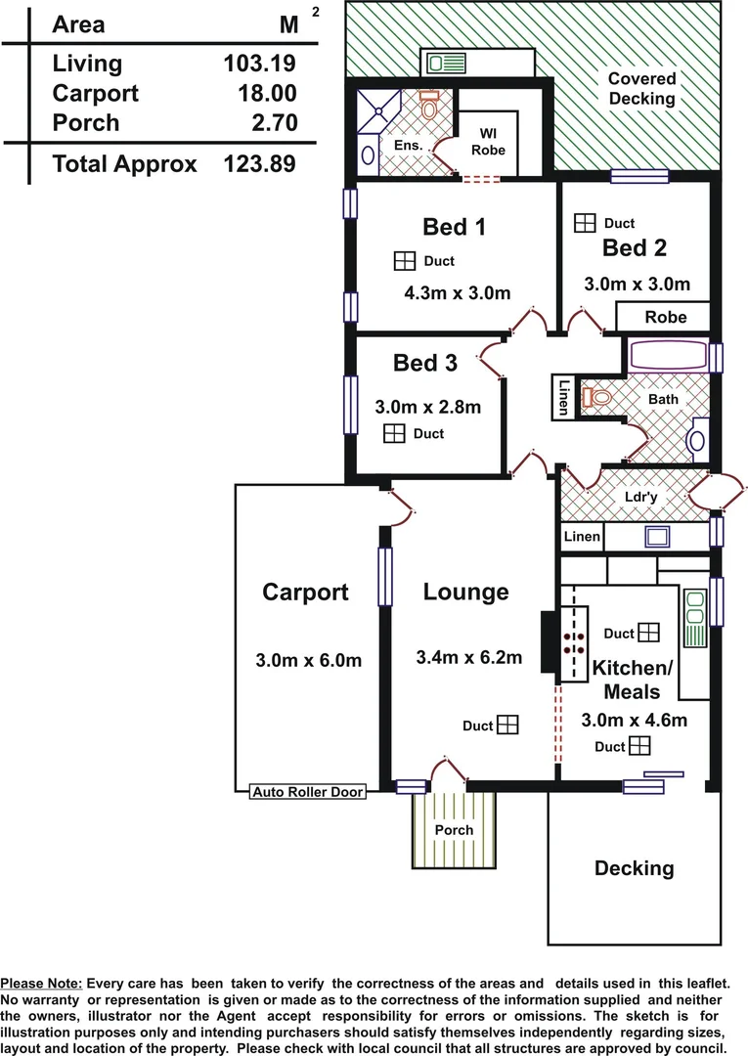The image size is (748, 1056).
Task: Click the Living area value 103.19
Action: pyautogui.click(x=259, y=64)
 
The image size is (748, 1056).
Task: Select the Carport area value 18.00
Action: pyautogui.click(x=267, y=93)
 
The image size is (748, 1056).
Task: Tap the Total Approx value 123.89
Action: pyautogui.click(x=259, y=163)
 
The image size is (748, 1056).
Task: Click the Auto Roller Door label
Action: pyautogui.click(x=308, y=792)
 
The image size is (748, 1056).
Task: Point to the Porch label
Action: pyautogui.click(x=454, y=830)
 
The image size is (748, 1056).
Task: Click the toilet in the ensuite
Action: pyautogui.click(x=429, y=105)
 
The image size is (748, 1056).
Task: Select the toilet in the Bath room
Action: pyautogui.click(x=596, y=397)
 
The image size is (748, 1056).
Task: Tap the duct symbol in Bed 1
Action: pyautogui.click(x=405, y=261)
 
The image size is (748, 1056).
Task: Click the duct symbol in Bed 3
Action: pyautogui.click(x=394, y=433)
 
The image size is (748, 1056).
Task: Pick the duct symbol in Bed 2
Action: pyautogui.click(x=585, y=223)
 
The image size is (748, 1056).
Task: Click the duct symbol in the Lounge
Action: pyautogui.click(x=507, y=725)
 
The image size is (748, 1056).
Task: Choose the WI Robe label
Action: pyautogui.click(x=488, y=142)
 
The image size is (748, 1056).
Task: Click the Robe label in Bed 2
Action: pyautogui.click(x=666, y=317)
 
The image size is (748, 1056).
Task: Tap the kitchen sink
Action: pyautogui.click(x=695, y=618)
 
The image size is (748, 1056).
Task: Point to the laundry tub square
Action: pyautogui.click(x=657, y=537)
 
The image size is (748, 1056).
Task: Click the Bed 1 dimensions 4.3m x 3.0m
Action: pyautogui.click(x=458, y=293)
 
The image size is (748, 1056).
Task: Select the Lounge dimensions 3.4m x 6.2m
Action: pyautogui.click(x=468, y=657)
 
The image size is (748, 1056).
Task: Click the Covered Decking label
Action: pyautogui.click(x=641, y=88)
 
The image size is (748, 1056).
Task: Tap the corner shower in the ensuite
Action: pyautogui.click(x=378, y=110)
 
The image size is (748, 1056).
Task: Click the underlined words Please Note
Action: pyautogui.click(x=41, y=984)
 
